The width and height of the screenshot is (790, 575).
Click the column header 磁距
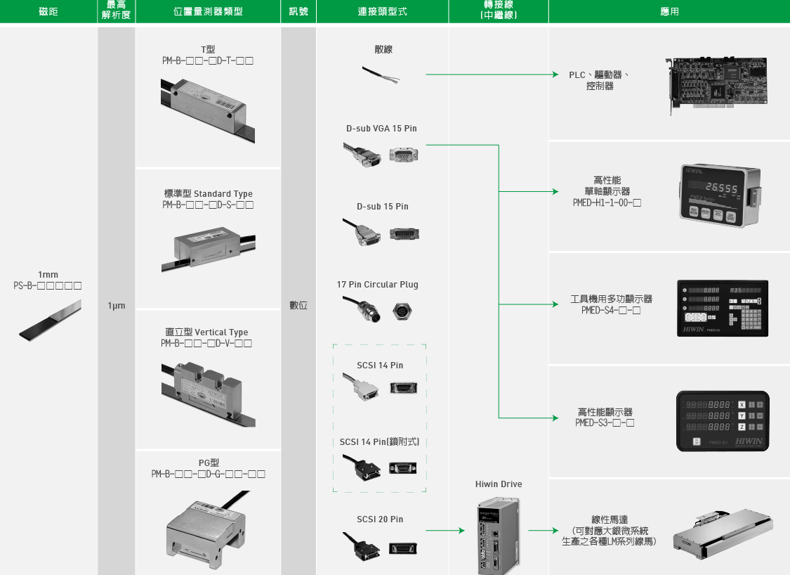coord(48,12)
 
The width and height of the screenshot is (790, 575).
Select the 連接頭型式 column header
coord(382,12)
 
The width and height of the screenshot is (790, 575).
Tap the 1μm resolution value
coord(117,306)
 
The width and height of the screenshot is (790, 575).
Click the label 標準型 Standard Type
coord(208,194)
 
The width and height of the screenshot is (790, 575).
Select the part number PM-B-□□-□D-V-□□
coord(206,344)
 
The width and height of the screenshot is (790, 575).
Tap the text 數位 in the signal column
coord(298,306)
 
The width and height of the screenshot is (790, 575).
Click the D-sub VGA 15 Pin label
coord(381,129)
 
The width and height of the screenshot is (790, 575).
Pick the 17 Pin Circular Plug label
coord(377,285)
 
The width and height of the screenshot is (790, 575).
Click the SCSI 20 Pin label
coord(380,519)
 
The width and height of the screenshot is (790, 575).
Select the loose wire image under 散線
coord(382,75)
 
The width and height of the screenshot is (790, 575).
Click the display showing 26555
coord(720,195)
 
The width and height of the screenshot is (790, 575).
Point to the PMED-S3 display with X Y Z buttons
coord(722,420)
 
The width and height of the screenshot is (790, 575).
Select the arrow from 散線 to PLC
coord(492,74)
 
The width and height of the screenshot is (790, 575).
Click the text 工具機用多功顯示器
coord(611,299)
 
